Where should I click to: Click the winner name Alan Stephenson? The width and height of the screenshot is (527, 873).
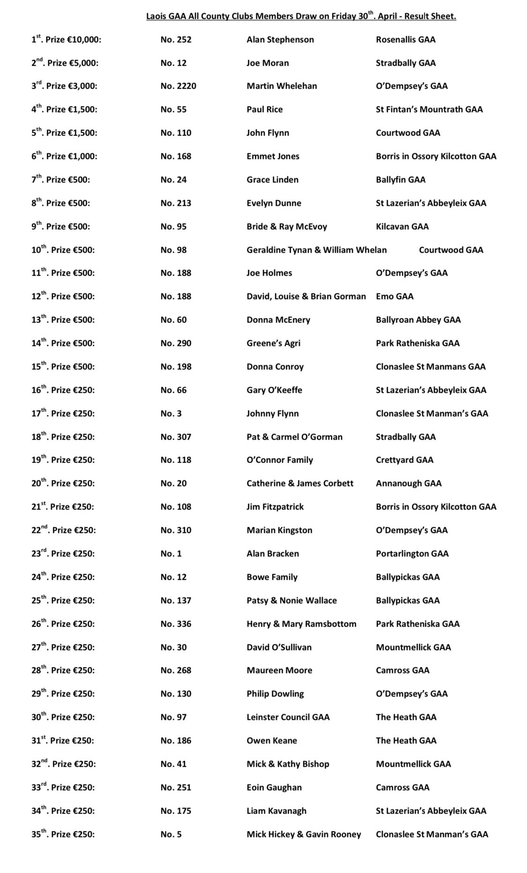click(x=280, y=39)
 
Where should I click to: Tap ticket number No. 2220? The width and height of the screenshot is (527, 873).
click(x=178, y=86)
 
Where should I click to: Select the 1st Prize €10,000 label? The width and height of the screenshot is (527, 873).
click(x=66, y=40)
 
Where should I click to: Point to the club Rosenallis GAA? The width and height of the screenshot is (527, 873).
click(x=405, y=39)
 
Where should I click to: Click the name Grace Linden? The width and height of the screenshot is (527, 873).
click(x=272, y=179)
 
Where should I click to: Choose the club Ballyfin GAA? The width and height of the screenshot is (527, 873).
click(x=401, y=179)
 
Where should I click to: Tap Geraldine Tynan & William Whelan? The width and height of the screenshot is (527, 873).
click(x=317, y=250)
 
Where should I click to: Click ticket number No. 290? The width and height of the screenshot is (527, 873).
click(x=176, y=343)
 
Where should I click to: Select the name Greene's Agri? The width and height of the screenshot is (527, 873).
click(x=273, y=343)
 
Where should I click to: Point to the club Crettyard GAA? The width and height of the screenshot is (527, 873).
click(x=404, y=460)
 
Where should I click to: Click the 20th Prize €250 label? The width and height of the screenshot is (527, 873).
click(x=63, y=483)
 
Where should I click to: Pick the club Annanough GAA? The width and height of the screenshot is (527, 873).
click(x=408, y=483)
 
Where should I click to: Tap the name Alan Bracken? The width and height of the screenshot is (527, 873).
click(x=273, y=553)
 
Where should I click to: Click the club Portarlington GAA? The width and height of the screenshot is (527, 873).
click(x=412, y=553)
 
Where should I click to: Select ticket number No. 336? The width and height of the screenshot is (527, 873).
click(x=176, y=624)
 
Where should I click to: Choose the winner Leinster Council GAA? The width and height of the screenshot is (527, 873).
click(x=288, y=717)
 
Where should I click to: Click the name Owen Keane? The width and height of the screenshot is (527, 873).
click(x=272, y=740)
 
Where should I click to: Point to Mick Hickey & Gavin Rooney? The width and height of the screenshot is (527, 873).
click(x=304, y=834)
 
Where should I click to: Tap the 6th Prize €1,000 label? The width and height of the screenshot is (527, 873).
click(x=64, y=156)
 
